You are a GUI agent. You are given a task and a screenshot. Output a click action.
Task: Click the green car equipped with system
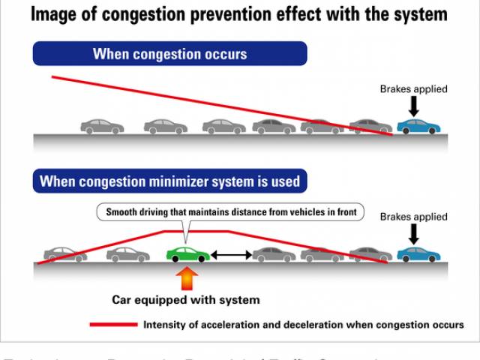(188, 254)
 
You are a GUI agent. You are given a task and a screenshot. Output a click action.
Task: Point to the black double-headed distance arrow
(231, 256)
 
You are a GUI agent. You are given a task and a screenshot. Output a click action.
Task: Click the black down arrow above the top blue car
(414, 106)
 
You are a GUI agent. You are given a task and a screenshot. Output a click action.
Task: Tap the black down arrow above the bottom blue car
(414, 234)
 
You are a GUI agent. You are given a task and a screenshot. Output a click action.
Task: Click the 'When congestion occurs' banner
(169, 54)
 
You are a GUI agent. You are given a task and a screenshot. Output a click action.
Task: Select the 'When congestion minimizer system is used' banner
(169, 181)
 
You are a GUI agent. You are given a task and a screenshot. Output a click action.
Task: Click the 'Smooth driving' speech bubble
(230, 213)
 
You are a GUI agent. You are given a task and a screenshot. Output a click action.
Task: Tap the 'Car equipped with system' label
(186, 300)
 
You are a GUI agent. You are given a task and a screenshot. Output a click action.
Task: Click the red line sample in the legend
(113, 325)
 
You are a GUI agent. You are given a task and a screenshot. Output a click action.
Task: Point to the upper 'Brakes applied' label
(413, 88)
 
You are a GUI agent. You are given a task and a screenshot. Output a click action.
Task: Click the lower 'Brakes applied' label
(413, 217)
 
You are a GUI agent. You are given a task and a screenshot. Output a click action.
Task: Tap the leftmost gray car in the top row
(101, 127)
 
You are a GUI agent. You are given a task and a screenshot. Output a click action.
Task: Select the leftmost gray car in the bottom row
(65, 255)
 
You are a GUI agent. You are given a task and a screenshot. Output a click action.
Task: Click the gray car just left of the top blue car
(370, 126)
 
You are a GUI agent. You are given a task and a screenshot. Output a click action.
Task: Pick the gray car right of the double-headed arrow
(274, 255)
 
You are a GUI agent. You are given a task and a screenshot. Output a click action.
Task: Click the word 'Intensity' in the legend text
(166, 325)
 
